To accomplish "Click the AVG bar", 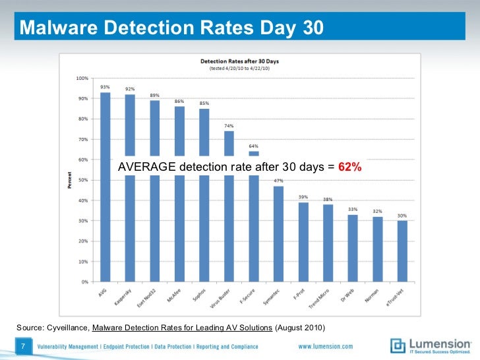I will point(105,224).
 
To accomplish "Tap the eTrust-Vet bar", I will point(402,251).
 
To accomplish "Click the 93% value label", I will point(105,87).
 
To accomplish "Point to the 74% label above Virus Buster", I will point(229,125).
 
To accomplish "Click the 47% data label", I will point(278,181).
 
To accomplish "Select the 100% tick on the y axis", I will point(82,78).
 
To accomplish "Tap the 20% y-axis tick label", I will point(83,241).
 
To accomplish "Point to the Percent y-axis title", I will point(69,180).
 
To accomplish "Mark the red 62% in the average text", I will point(350,167).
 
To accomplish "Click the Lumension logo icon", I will point(398,345).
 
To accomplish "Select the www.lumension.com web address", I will point(325,346).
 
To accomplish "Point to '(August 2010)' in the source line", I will point(300,327).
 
